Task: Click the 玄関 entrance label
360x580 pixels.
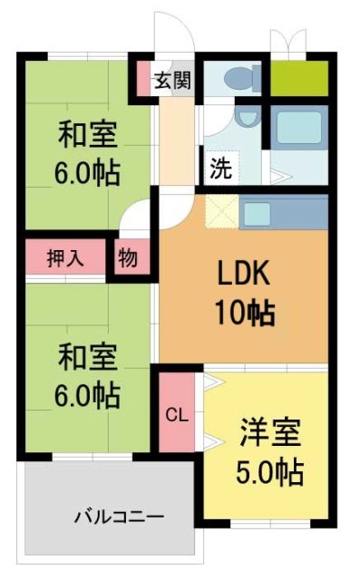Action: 171,81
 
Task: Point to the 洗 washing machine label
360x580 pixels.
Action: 219,168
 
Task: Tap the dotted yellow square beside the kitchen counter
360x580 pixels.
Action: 220,214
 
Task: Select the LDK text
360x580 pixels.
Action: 243,275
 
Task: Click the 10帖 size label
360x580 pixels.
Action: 244,314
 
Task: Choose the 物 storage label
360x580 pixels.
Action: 128,258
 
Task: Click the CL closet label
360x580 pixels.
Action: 176,415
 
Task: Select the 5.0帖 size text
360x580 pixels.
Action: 270,472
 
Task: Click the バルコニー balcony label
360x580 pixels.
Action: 119,517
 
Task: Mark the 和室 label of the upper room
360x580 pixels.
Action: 87,135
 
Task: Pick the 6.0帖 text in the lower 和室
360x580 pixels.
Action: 87,395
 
